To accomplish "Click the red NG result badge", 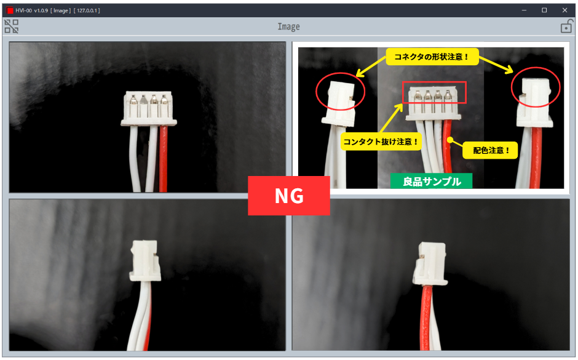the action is pos(288,196).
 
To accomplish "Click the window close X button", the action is pos(564,10).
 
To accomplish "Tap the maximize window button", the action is pos(544,10).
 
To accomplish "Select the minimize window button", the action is pos(524,10).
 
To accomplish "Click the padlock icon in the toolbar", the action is pos(566,26).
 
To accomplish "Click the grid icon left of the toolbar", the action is pos(12,26).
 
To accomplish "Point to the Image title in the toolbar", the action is pos(288,26).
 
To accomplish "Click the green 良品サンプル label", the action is pos(431,181).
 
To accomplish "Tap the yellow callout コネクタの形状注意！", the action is pos(432,57).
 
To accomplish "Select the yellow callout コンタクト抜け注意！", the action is pos(381,142).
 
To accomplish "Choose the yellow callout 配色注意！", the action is pos(490,150).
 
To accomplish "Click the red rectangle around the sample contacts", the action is pos(434,82).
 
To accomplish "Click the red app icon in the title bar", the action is pos(10,10).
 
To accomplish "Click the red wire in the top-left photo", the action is pos(163,159).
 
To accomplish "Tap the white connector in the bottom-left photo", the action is pos(145,261).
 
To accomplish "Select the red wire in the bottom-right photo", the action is pos(427,318).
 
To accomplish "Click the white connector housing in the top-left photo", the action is pos(149,108).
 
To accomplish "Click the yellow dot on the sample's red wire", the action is pos(449,140).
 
